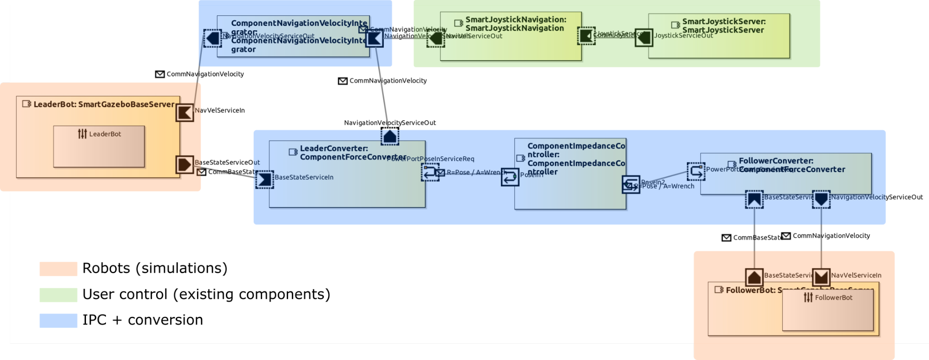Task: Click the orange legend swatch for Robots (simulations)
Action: pos(58,269)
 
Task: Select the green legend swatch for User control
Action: pos(58,295)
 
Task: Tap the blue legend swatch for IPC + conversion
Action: pos(58,321)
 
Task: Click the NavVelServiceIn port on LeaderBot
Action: pos(184,112)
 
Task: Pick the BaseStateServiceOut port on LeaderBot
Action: pos(184,164)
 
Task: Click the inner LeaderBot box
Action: pos(99,146)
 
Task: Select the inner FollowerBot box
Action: pos(828,310)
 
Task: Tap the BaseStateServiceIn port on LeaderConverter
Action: pos(264,180)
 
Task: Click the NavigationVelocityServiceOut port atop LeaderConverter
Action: pos(390,137)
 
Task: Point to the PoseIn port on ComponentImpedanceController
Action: pos(510,177)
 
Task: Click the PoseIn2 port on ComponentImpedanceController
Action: pos(631,184)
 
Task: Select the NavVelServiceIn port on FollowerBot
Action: pos(821,277)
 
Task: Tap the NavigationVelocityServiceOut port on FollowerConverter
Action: pos(821,199)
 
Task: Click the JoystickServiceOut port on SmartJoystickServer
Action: pos(644,38)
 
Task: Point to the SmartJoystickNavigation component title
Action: pos(515,24)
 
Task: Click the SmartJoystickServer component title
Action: pos(723,26)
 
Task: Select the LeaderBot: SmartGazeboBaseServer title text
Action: pos(104,105)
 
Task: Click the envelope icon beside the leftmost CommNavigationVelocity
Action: pos(160,74)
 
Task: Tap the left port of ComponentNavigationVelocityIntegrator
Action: pos(212,38)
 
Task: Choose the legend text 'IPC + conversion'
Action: pos(143,320)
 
